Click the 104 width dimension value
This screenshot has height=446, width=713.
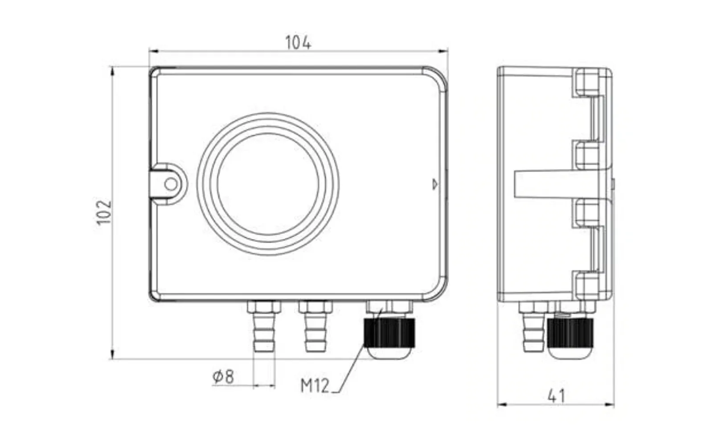click(298, 43)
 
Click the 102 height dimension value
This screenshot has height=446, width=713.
click(104, 212)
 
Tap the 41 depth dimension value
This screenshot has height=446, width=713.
click(556, 396)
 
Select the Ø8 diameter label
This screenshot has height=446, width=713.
click(223, 376)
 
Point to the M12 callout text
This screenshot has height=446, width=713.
click(315, 385)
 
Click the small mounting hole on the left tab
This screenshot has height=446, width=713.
click(171, 184)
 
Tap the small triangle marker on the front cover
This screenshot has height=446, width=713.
click(435, 184)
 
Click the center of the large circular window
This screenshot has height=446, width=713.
click(268, 184)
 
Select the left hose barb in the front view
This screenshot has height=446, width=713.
click(264, 332)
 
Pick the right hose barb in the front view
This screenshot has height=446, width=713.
click(316, 332)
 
